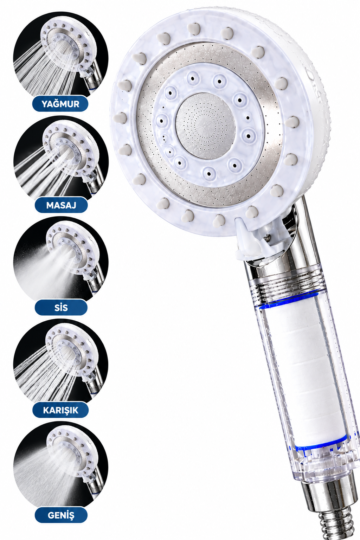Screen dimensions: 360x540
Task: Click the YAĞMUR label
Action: [60, 104]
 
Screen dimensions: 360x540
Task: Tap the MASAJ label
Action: [61, 205]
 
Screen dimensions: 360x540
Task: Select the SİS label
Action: [61, 307]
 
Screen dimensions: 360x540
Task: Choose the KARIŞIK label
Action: [60, 410]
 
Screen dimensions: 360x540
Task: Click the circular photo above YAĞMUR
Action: [60, 58]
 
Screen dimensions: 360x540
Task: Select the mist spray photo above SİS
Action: [61, 262]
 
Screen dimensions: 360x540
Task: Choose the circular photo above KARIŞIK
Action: [60, 364]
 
